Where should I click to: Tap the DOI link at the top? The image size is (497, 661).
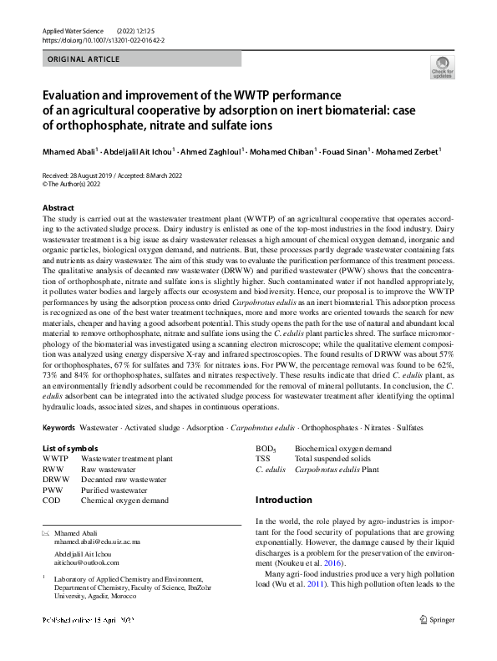(x=99, y=40)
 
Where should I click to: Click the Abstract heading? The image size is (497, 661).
(x=58, y=207)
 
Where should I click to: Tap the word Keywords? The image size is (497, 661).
(x=58, y=428)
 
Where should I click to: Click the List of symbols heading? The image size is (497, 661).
(x=71, y=449)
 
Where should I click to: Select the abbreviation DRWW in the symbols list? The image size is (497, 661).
(x=56, y=480)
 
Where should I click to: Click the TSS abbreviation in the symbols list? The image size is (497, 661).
(x=263, y=459)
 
